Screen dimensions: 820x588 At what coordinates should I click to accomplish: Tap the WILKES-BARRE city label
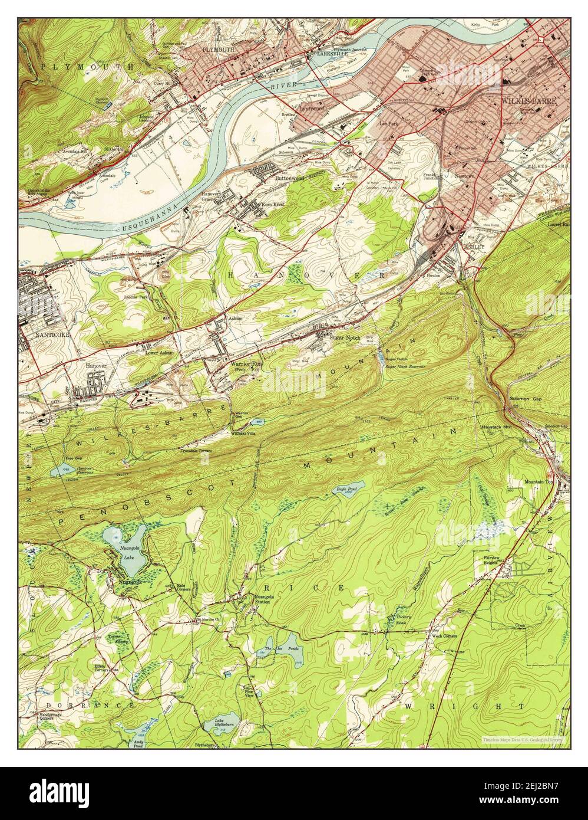coord(528,101)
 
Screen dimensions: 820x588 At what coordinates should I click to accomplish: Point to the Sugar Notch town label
coord(344,337)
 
